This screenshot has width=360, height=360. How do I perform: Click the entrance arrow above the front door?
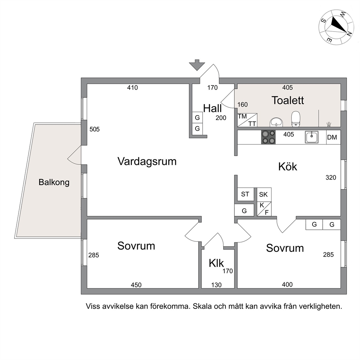[x=197, y=65]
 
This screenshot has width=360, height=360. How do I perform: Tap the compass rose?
[x=336, y=27]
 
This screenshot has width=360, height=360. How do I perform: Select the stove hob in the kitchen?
[x=269, y=137]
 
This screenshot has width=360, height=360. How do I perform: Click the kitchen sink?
[x=312, y=137]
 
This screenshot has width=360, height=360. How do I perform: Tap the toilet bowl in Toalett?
[x=296, y=119]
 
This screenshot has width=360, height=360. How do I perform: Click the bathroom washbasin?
[x=277, y=122]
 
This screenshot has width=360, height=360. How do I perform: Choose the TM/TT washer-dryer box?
[x=247, y=120]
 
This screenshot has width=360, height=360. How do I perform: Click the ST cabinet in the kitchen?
[x=245, y=194]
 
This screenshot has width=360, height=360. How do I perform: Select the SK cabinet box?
[x=264, y=195]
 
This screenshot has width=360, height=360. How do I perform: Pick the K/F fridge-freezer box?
[x=264, y=209]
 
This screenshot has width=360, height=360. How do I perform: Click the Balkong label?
[x=54, y=182]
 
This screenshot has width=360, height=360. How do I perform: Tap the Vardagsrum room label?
[x=147, y=161]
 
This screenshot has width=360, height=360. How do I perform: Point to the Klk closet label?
[x=216, y=263]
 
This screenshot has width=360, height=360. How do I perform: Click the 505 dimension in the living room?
[x=95, y=129]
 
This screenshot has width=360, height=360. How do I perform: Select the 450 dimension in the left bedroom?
[x=136, y=285]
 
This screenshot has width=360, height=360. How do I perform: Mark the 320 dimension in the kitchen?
[x=331, y=177]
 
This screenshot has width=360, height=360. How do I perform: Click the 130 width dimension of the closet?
[x=216, y=285]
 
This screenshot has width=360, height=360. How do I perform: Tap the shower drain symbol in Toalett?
[x=329, y=124]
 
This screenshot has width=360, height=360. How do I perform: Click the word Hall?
[x=212, y=109]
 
